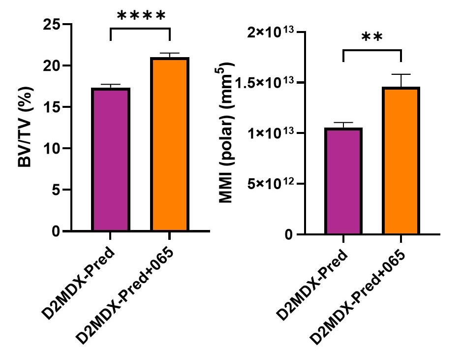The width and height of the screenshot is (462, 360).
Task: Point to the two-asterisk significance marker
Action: tap(372, 39)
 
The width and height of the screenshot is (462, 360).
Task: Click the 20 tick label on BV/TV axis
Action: tap(51, 65)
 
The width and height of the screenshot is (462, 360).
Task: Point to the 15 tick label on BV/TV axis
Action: tap(51, 107)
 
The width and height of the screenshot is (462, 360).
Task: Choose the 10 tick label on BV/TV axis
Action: tap(51, 148)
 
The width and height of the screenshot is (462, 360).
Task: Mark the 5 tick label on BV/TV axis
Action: tap(55, 190)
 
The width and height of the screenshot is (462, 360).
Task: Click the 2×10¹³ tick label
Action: tap(265, 33)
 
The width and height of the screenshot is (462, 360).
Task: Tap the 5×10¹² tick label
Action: tap(265, 184)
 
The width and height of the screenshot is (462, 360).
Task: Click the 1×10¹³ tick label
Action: tap(265, 133)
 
